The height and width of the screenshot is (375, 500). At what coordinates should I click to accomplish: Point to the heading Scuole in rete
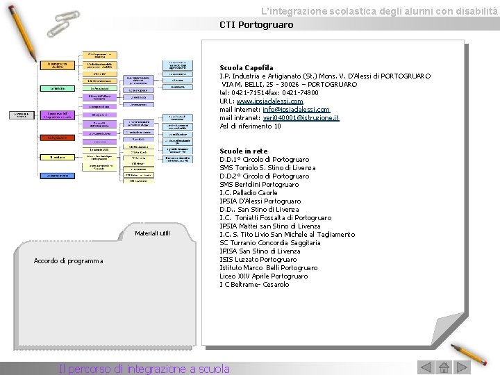(x=244, y=151)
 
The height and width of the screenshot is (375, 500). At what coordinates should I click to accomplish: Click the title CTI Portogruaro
(x=256, y=25)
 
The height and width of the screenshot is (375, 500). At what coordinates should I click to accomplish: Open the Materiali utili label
(x=152, y=233)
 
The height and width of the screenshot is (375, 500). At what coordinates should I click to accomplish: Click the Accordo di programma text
(x=68, y=261)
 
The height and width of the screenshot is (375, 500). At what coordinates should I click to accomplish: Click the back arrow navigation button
(x=424, y=367)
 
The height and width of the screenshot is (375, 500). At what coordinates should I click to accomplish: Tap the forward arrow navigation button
(x=462, y=367)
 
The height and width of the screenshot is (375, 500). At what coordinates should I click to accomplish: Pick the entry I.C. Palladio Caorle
(x=249, y=193)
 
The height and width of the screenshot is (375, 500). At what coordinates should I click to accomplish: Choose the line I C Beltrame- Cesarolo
(x=254, y=285)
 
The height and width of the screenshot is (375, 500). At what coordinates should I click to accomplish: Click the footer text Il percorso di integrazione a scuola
(x=144, y=369)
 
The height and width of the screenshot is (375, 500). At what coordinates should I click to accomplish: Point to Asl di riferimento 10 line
(x=251, y=126)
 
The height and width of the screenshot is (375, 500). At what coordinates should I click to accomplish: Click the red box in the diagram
(x=58, y=137)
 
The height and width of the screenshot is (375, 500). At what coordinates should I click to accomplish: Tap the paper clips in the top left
(x=62, y=24)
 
